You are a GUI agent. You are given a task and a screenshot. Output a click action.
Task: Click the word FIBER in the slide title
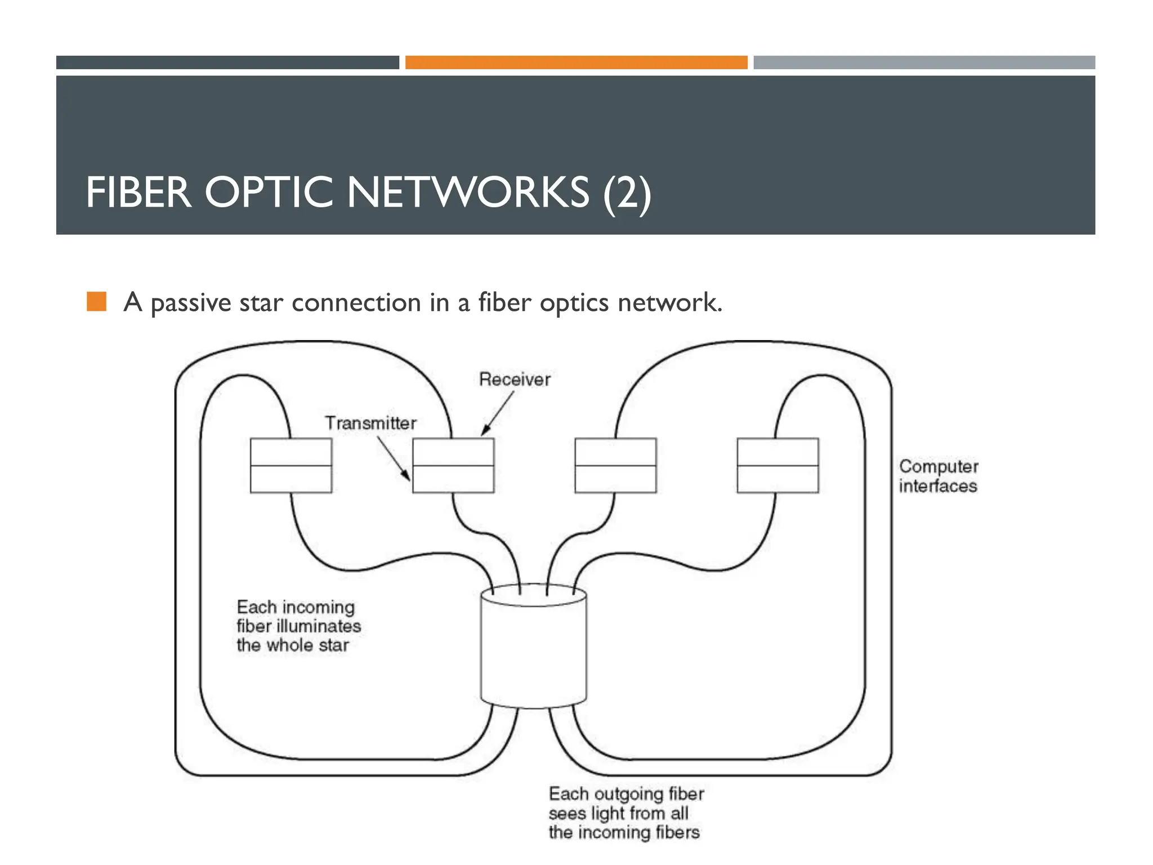point(138,193)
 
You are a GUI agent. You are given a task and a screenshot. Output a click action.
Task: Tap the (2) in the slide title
point(627,193)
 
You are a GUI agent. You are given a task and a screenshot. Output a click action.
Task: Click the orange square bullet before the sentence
point(97,302)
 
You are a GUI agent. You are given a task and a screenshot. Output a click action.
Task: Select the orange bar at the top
point(576,63)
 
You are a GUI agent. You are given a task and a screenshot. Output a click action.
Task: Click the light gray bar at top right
point(924,63)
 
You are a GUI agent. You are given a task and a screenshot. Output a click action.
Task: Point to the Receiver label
point(515,380)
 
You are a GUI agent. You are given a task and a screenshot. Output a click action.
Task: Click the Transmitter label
point(370,423)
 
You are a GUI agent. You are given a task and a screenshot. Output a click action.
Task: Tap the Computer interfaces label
point(938,476)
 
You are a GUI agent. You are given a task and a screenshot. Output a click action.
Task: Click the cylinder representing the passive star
point(533,648)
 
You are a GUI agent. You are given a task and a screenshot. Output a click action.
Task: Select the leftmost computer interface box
point(291,466)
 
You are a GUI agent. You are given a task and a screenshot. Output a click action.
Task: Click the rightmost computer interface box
point(777,466)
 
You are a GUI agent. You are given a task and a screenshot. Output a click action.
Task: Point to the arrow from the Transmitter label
point(394,459)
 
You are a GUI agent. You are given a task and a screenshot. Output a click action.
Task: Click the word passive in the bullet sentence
point(191,303)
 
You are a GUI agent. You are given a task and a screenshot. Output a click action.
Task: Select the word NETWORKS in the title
point(468,193)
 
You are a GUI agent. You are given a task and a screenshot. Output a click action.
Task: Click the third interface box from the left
point(615,466)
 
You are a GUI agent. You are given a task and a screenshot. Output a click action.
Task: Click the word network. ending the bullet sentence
point(669,303)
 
